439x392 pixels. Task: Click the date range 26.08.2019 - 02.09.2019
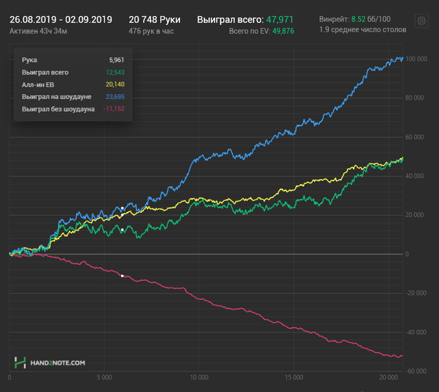click(x=61, y=19)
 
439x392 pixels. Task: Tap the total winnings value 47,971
click(x=280, y=19)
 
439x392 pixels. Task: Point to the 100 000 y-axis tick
click(x=416, y=59)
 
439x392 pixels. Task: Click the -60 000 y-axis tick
click(x=416, y=371)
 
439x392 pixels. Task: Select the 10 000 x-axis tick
click(x=199, y=378)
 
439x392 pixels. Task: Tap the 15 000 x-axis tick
click(x=294, y=378)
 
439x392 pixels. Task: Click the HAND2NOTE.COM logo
click(x=50, y=363)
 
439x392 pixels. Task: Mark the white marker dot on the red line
click(x=122, y=276)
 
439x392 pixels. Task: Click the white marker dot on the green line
click(x=122, y=230)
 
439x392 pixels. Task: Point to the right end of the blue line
click(x=402, y=58)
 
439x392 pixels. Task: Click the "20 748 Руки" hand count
click(x=154, y=19)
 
